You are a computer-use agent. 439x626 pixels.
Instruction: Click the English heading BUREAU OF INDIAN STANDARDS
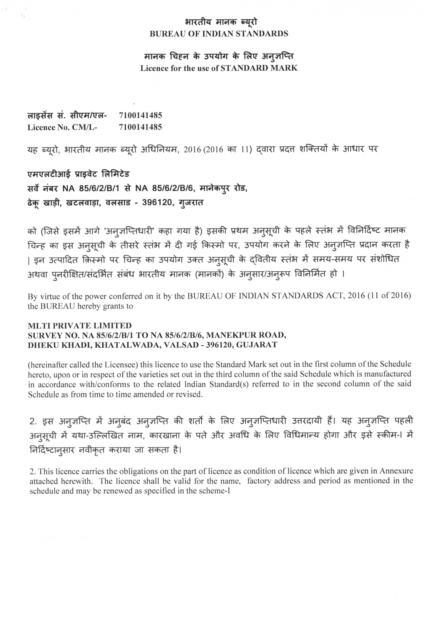(x=219, y=33)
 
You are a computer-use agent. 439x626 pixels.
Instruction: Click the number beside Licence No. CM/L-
(x=140, y=127)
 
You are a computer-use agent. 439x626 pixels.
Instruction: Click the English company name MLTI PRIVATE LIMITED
(x=80, y=325)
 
